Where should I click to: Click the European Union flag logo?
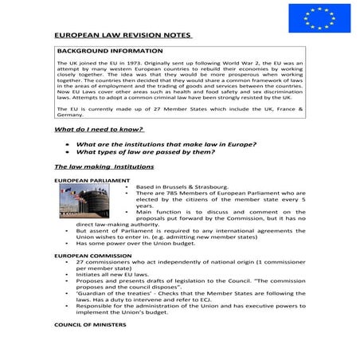click(x=315, y=18)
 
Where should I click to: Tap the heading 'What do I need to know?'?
click(x=98, y=128)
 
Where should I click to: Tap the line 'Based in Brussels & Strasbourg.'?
click(x=182, y=186)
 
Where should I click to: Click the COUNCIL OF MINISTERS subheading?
click(x=85, y=325)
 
